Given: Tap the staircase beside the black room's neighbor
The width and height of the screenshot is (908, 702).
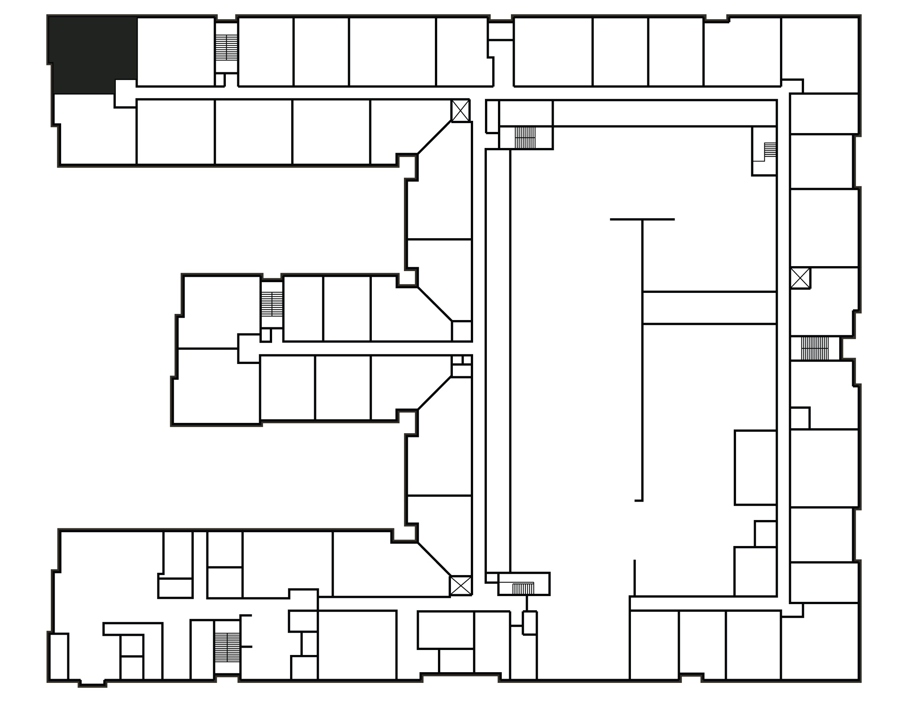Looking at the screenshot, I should pyautogui.click(x=227, y=47).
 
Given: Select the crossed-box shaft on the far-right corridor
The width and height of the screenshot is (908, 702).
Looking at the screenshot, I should pyautogui.click(x=800, y=278).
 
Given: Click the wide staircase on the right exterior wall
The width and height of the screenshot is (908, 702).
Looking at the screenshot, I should pyautogui.click(x=814, y=348).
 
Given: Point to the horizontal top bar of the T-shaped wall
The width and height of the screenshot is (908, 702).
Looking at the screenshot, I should pyautogui.click(x=642, y=219).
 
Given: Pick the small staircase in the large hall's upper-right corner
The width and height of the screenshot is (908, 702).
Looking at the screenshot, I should pyautogui.click(x=770, y=150).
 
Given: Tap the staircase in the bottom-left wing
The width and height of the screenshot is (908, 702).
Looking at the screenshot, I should pyautogui.click(x=227, y=648).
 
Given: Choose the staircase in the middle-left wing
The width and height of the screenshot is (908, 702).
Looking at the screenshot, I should pyautogui.click(x=272, y=304).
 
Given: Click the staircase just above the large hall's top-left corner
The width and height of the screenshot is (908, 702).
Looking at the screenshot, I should pyautogui.click(x=525, y=138).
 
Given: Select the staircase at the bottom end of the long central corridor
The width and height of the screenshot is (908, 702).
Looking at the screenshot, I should pyautogui.click(x=523, y=588).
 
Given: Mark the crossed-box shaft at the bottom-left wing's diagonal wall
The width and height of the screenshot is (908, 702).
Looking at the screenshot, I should pyautogui.click(x=460, y=585).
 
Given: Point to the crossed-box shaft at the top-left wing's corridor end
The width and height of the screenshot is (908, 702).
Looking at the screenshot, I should pyautogui.click(x=460, y=110).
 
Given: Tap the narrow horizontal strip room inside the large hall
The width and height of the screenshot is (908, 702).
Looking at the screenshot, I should pyautogui.click(x=709, y=307).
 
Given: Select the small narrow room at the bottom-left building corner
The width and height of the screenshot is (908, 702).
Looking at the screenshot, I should pyautogui.click(x=59, y=656).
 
